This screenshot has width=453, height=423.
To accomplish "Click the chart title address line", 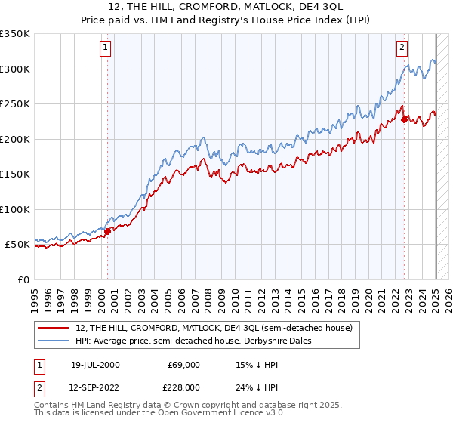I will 226,7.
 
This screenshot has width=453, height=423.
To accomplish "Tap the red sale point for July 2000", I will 107,231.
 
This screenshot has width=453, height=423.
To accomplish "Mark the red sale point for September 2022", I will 405,119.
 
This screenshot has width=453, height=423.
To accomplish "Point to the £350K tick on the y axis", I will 15,34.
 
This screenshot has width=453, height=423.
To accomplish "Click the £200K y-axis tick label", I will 15,139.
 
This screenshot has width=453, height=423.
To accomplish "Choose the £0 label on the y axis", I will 23,279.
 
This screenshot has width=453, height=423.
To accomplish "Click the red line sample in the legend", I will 54,328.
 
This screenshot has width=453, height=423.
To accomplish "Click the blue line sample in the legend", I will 54,341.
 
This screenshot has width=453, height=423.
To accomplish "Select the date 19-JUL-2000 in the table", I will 95,364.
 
